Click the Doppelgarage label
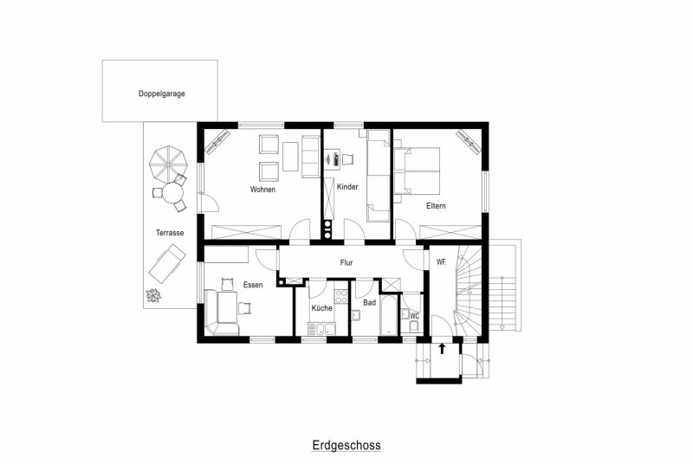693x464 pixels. pos(161,93)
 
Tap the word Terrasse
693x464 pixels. pos(170,233)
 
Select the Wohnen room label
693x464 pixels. pos(262,190)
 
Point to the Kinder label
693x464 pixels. pos(347,187)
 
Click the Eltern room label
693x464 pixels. pos(436,206)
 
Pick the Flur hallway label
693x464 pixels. pos(346,262)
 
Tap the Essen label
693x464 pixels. pos(253,285)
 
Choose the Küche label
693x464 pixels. pos(321,307)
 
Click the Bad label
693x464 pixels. pos(370,302)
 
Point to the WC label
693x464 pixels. pos(415,316)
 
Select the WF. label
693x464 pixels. pos(441,261)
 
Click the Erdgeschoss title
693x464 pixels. pos(346,445)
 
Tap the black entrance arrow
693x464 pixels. pos(442,349)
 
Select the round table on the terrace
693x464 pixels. pos(172,193)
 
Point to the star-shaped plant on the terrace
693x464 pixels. pos(154,295)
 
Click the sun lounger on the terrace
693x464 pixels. pos(166,263)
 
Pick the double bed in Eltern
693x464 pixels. pos(417,171)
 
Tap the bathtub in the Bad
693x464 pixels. pos(389,315)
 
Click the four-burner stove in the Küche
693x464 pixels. pos(341,296)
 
